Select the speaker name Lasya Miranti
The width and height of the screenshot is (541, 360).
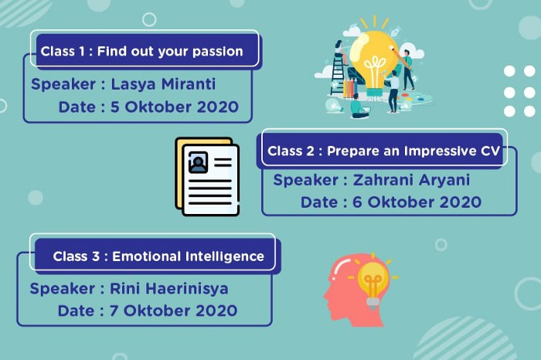click(x=163, y=84)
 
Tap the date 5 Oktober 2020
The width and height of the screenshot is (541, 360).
click(x=175, y=107)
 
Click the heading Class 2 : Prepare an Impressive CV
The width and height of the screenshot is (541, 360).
click(x=383, y=151)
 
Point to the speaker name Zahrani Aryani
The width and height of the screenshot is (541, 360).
click(x=411, y=180)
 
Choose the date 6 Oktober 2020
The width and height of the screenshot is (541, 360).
click(x=417, y=202)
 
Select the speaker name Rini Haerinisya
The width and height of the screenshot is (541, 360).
click(x=169, y=289)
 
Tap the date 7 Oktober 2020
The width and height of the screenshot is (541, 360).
click(x=174, y=311)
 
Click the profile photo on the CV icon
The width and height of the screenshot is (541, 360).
click(x=198, y=162)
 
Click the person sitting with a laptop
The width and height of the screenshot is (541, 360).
click(x=359, y=106)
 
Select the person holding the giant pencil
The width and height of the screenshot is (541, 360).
click(x=408, y=69)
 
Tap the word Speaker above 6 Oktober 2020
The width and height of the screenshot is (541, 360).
click(x=306, y=181)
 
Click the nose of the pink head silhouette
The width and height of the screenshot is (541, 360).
click(x=326, y=295)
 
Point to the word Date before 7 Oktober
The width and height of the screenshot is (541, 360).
click(x=77, y=311)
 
